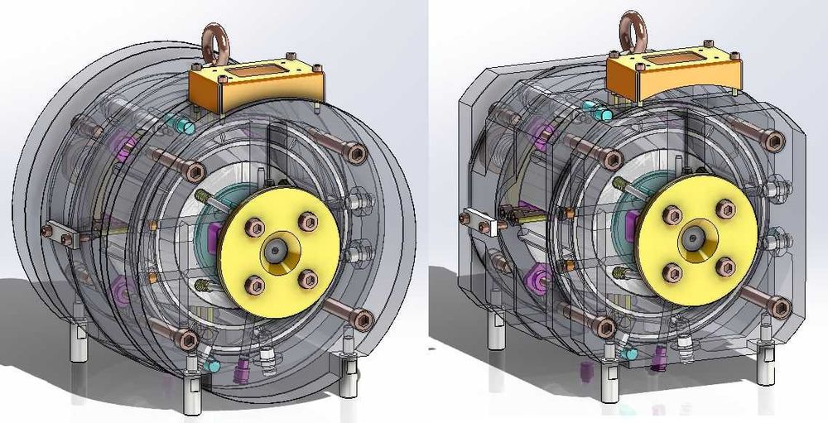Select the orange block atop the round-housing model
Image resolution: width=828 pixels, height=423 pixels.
[x=253, y=86]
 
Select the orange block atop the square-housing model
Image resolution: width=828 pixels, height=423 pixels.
[x=672, y=76]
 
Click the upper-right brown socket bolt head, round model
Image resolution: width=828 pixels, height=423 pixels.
[x=355, y=154]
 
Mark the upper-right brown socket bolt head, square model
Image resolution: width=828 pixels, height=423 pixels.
[x=774, y=141]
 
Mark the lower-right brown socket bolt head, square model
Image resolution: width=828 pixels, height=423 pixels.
[x=777, y=307]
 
